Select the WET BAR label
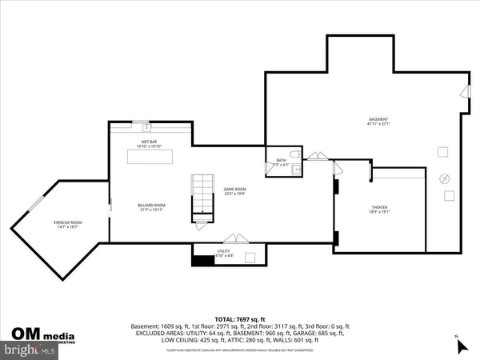(x=151, y=142)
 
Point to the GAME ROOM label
(x=234, y=190)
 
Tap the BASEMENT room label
(x=378, y=121)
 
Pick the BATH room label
(x=281, y=161)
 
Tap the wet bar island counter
(x=151, y=158)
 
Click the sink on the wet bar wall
(x=146, y=126)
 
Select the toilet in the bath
(x=294, y=153)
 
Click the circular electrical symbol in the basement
(x=446, y=179)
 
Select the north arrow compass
(x=460, y=345)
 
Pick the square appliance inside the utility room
(x=250, y=256)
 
